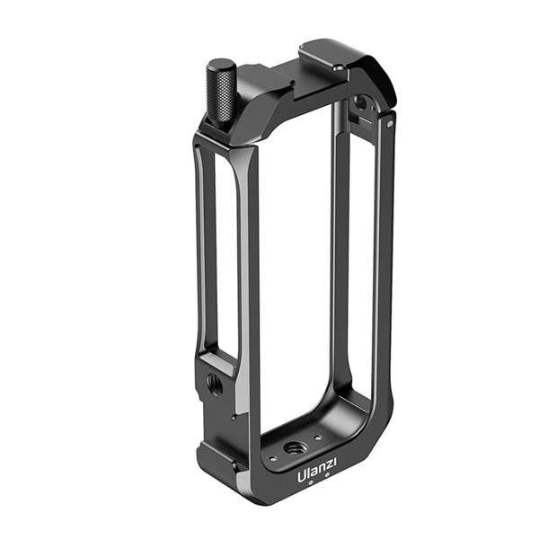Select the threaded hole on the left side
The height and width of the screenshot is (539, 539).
point(214,383)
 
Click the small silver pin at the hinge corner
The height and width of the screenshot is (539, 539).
point(389,124)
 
